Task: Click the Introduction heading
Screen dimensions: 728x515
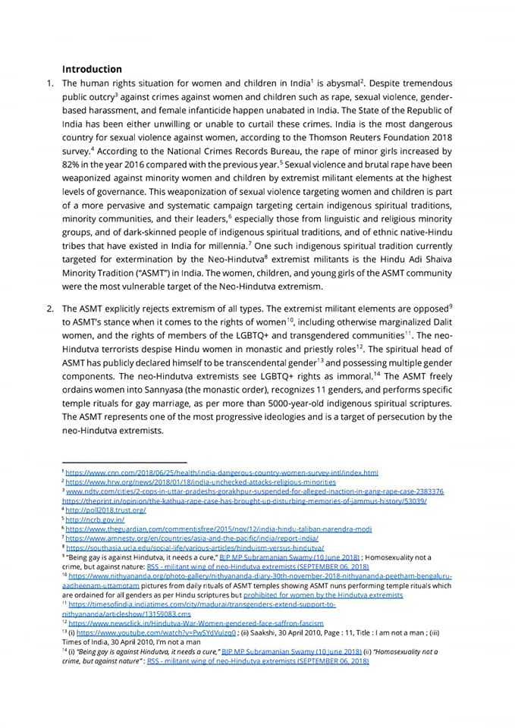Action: point(92,68)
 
